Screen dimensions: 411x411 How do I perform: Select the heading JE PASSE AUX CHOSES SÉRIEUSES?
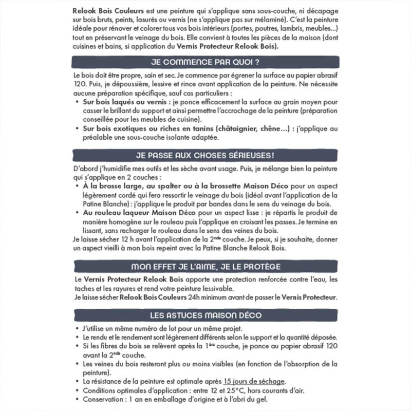coord(205,155)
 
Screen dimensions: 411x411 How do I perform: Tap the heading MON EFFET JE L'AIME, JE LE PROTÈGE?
coord(205,266)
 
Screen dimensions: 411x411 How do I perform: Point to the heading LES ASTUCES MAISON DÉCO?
coord(205,315)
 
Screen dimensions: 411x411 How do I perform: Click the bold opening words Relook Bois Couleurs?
coord(101,9)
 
